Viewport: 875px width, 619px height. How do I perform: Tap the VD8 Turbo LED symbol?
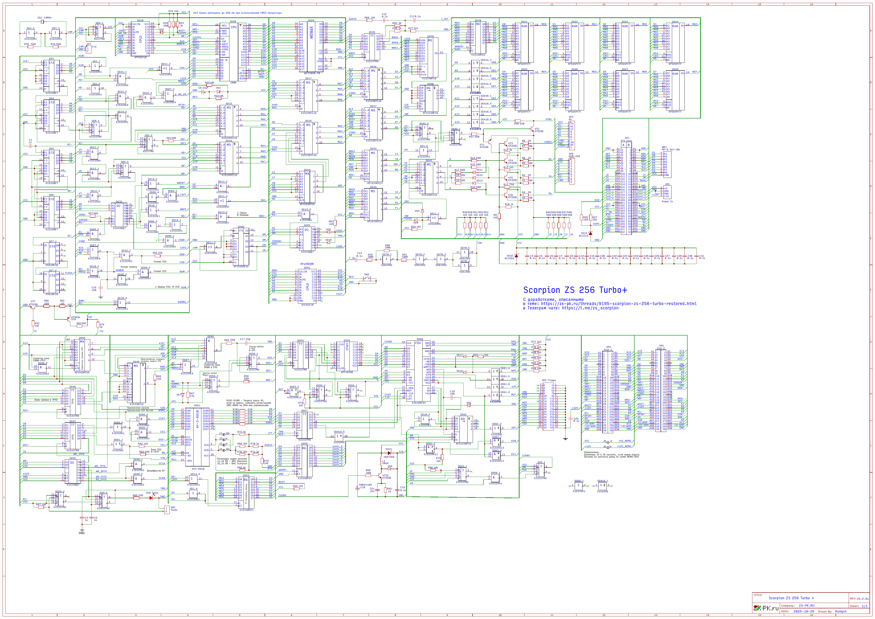pos(151,498)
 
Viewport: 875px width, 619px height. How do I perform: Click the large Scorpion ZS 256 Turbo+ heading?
pos(575,290)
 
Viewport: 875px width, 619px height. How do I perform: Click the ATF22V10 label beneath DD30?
pos(140,57)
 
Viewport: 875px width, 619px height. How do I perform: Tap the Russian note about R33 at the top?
pos(237,13)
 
